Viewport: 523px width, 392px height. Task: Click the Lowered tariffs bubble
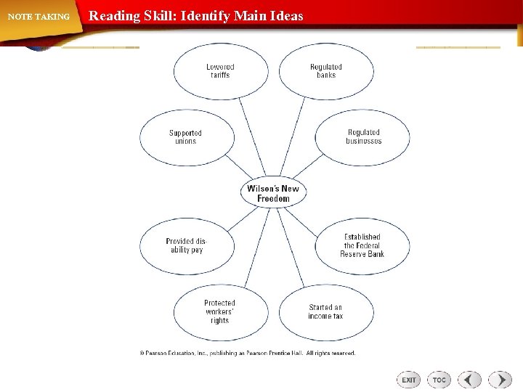tap(220, 71)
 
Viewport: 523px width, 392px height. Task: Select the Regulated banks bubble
tap(326, 71)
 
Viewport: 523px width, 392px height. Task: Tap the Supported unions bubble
tap(186, 137)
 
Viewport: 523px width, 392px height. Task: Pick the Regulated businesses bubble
tap(363, 137)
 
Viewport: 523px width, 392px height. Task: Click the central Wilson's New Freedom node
tap(273, 194)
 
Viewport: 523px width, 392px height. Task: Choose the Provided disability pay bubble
tap(186, 245)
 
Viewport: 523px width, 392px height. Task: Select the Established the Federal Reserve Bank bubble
tap(362, 245)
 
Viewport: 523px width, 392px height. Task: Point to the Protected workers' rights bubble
tap(220, 312)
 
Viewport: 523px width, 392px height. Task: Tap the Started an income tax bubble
tap(325, 312)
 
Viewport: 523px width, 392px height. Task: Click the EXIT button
tap(409, 380)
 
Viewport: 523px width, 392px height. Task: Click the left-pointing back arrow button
tap(470, 380)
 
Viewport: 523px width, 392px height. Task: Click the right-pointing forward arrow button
tap(500, 380)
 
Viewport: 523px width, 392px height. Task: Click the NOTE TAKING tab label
tap(39, 17)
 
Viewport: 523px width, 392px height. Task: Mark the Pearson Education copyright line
tap(248, 354)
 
